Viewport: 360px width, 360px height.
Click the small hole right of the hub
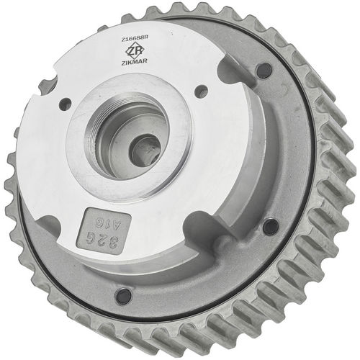202,91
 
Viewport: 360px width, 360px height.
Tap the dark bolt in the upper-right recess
263,71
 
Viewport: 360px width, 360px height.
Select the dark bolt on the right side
270,227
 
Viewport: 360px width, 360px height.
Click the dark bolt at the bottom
124,295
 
